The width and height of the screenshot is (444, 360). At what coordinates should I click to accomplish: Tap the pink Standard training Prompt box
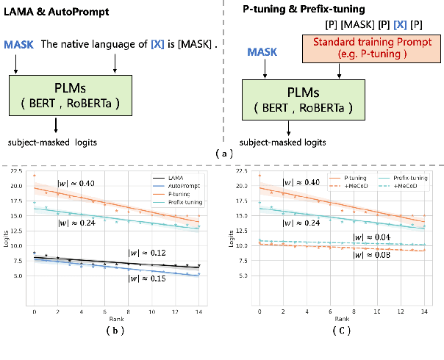click(339, 52)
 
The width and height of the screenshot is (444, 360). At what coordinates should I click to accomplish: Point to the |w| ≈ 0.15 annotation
click(147, 280)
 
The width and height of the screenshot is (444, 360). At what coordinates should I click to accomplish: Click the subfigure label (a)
click(221, 154)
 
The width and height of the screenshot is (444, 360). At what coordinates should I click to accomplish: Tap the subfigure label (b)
click(113, 332)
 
